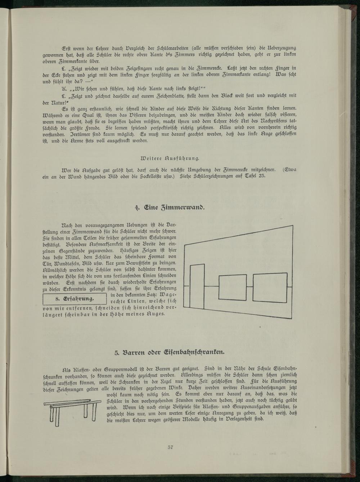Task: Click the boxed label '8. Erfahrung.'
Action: click(75, 299)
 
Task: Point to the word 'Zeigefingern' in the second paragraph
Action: click(113, 67)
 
